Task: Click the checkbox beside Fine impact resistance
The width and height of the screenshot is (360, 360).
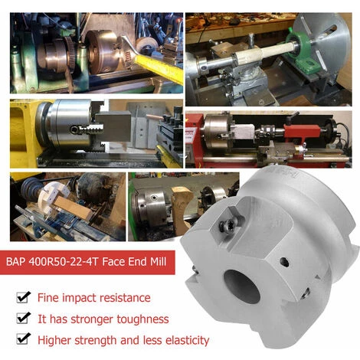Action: coord(23,297)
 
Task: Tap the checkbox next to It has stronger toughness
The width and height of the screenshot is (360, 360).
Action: coord(23,318)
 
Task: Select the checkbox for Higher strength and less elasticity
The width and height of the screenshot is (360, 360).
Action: coord(23,339)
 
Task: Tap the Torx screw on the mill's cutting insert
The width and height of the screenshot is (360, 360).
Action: coord(227,227)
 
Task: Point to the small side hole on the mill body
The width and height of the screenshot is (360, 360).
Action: coord(284,262)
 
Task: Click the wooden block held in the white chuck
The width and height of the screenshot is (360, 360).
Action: coord(72,207)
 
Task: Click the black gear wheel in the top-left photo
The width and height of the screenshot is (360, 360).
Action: coord(70,55)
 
